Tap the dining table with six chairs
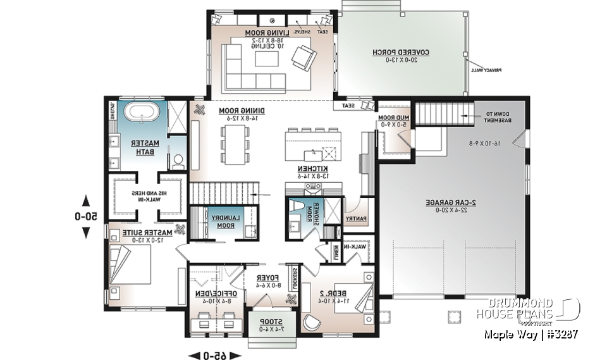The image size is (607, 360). click(235, 145)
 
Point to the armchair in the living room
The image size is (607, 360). click(302, 58)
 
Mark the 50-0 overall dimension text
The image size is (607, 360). click(87, 216)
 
